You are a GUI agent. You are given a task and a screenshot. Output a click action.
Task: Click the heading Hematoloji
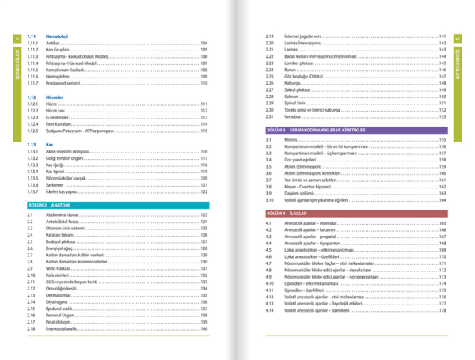click(x=57, y=36)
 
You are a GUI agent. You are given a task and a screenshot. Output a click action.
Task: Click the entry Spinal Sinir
click(x=297, y=103)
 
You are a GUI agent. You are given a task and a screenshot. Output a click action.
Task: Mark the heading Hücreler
click(x=54, y=96)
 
